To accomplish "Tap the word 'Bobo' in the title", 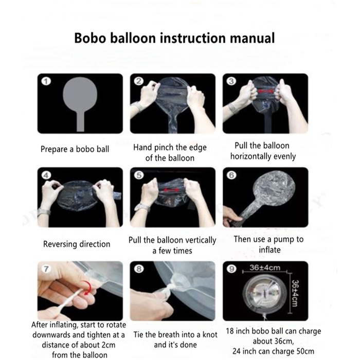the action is (x=90, y=38).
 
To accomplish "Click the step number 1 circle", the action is (x=46, y=81).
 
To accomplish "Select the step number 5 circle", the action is (x=139, y=175).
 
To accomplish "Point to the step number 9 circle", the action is (x=231, y=269).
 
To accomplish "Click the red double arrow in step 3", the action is (x=266, y=91).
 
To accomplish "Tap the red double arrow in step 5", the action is (x=171, y=190).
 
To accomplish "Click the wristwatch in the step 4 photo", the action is (x=44, y=212).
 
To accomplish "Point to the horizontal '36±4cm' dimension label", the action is (x=265, y=268).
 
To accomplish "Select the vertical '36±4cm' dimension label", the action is (x=295, y=293).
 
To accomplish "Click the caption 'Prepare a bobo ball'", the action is (x=75, y=149).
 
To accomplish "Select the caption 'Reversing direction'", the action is (x=77, y=244).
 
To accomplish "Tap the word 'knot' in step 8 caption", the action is (x=209, y=335).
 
